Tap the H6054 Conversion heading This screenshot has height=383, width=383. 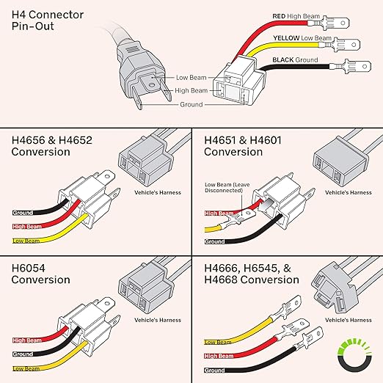[x=41, y=274]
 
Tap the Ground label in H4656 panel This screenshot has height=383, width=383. [x=23, y=213]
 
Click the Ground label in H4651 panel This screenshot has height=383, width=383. [x=215, y=241]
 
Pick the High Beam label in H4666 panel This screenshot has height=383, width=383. [x=219, y=356]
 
